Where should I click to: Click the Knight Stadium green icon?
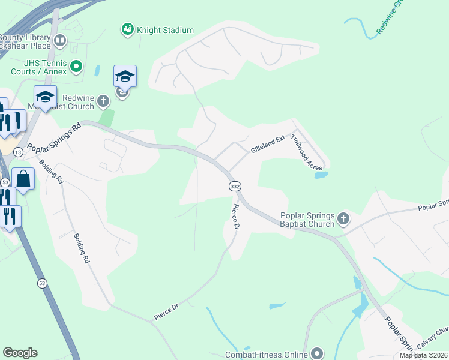click(127, 29)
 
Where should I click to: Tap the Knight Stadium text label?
click(165, 30)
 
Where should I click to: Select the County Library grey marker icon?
click(59, 41)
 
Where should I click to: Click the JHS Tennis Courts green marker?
click(76, 66)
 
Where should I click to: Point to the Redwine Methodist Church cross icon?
click(104, 101)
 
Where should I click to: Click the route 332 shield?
click(235, 187)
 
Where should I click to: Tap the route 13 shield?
click(18, 153)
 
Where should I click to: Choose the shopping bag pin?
click(23, 179)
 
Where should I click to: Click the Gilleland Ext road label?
click(267, 145)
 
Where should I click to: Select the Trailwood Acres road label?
click(307, 152)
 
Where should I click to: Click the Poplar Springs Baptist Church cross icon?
click(343, 218)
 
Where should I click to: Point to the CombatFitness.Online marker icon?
click(316, 353)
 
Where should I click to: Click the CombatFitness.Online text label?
click(265, 355)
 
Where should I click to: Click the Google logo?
click(20, 353)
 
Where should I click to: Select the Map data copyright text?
click(423, 355)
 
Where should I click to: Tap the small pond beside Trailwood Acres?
click(321, 175)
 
